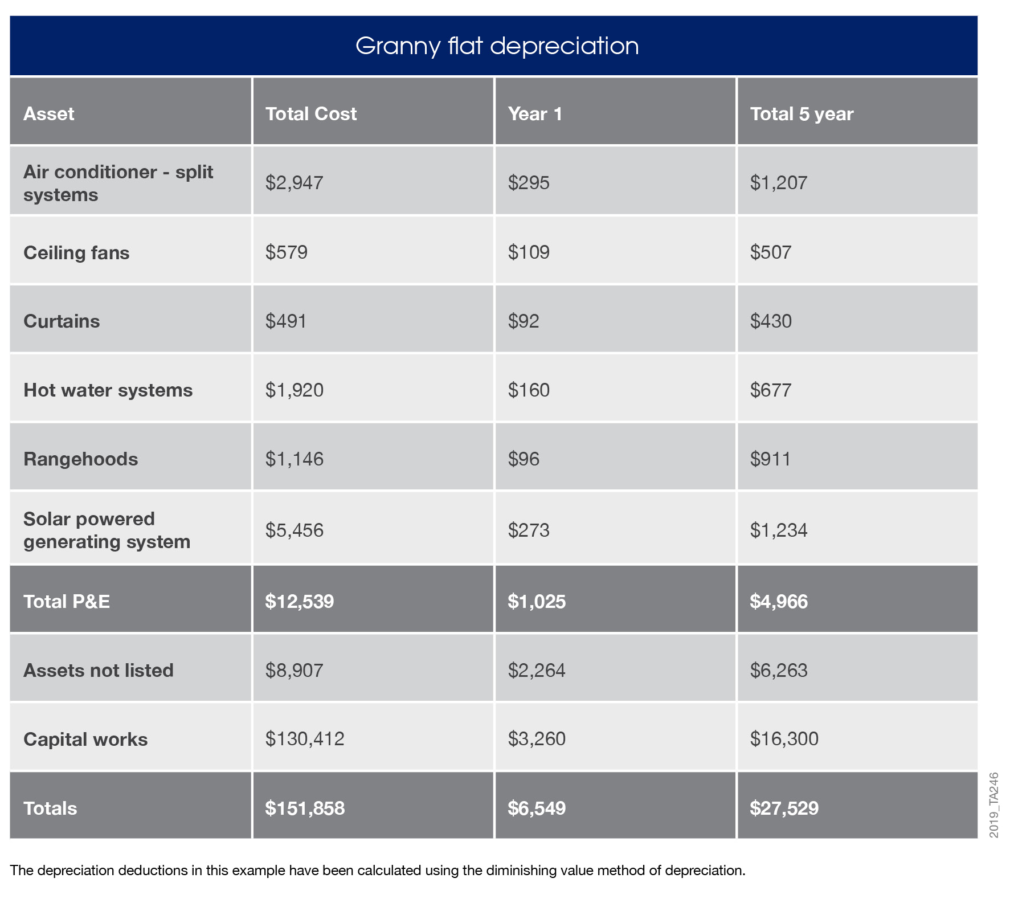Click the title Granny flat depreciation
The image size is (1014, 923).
(x=497, y=46)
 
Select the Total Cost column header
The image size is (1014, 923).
(x=310, y=114)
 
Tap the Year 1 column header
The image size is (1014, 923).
(x=535, y=114)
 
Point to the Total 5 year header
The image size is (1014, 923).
(x=801, y=114)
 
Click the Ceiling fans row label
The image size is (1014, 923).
(x=76, y=252)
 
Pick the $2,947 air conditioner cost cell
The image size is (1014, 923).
(x=294, y=182)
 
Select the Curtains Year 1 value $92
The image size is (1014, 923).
(x=523, y=321)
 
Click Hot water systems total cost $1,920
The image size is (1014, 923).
(x=294, y=390)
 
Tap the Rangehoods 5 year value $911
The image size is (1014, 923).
(x=770, y=459)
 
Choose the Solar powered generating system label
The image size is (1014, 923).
(x=107, y=530)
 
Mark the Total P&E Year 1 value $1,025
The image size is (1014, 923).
(x=536, y=602)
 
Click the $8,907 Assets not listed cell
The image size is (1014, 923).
(x=294, y=670)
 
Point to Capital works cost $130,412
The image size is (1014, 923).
(x=305, y=739)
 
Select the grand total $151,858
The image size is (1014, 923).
(x=305, y=808)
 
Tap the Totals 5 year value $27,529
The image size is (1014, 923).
(x=784, y=808)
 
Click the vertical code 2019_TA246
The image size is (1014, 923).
(x=993, y=805)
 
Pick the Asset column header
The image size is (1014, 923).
(x=48, y=114)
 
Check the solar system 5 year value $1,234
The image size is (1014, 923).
(x=778, y=530)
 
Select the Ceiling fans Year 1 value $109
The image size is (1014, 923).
(x=528, y=252)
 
